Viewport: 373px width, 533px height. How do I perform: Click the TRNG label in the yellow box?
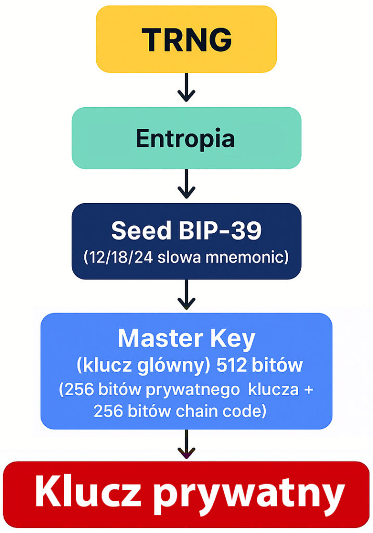coord(186,40)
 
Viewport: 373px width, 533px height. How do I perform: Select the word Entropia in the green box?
coord(186,138)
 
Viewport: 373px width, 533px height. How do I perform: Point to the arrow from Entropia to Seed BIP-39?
coord(186,185)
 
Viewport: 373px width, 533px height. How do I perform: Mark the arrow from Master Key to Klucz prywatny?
coord(186,445)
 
